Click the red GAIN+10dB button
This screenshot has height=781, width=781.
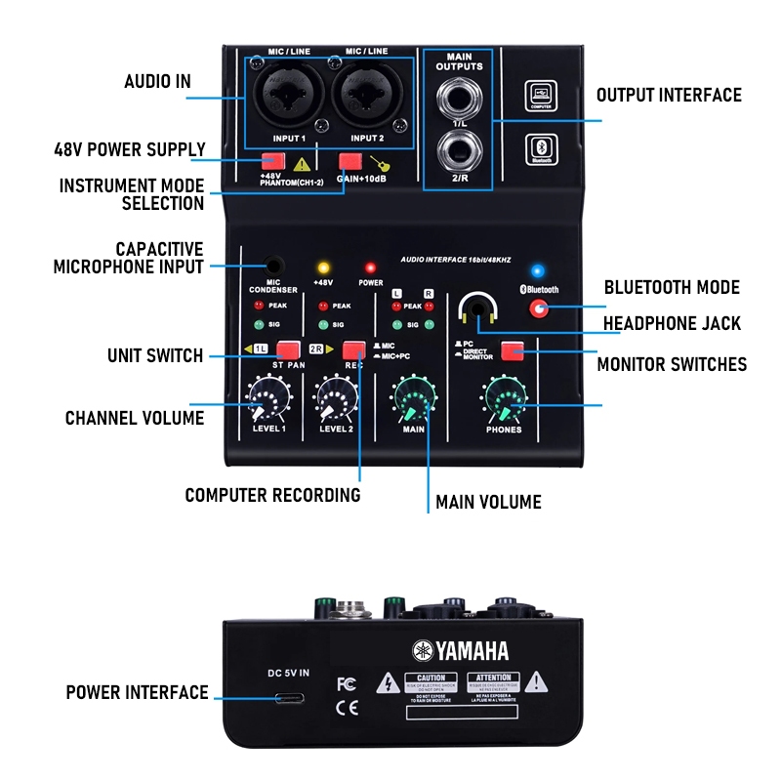(349, 162)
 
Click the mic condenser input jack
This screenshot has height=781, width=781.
(274, 265)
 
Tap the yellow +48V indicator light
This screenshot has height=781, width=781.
(322, 267)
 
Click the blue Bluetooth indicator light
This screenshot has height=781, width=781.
(536, 269)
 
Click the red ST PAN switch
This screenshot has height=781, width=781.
(287, 349)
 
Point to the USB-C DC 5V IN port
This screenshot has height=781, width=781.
(289, 699)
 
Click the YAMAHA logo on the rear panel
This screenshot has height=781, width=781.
(460, 651)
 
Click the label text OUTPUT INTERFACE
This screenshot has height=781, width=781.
(669, 95)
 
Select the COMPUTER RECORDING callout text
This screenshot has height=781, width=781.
(272, 495)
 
